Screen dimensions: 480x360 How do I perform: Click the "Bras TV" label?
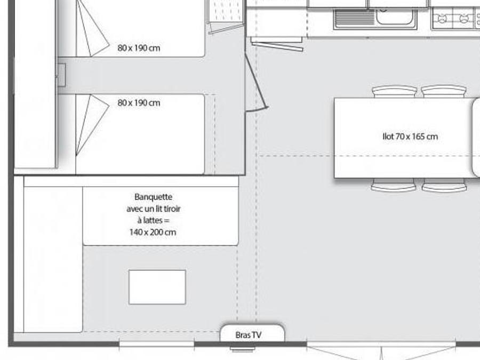pos(248,335)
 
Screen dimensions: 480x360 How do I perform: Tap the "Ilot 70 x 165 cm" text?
pos(410,137)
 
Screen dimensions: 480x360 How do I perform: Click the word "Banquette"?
pos(154,197)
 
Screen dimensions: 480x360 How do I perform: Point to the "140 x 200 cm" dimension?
pos(153,232)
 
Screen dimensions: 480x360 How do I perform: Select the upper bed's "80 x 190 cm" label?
pos(139,48)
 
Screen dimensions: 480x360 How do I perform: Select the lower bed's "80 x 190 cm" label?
pos(139,103)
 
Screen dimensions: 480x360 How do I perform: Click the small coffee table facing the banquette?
pos(157,287)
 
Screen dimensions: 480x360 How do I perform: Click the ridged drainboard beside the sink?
pos(355,18)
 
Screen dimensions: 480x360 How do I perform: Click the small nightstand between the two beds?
pos(61,75)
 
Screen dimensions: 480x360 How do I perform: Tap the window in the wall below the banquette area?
pos(156,344)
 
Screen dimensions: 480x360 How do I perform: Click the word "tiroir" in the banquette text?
pos(172,209)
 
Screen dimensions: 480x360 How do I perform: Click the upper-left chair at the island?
pos(395,92)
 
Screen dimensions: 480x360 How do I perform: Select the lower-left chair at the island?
pos(394,185)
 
